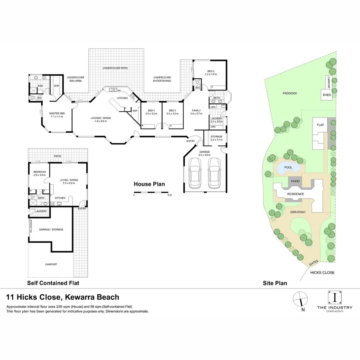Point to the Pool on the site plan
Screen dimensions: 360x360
coord(288,168)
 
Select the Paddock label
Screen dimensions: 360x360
coord(289,93)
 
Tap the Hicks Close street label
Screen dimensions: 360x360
coord(322,272)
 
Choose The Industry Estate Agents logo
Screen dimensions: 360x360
coord(335,301)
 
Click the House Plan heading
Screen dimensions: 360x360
coord(149,184)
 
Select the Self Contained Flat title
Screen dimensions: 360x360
coord(53,283)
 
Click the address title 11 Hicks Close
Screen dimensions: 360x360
coord(63,297)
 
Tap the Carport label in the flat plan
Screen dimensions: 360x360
coord(51,265)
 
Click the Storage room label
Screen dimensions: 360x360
coord(216,137)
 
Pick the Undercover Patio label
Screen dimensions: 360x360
coord(115,68)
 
